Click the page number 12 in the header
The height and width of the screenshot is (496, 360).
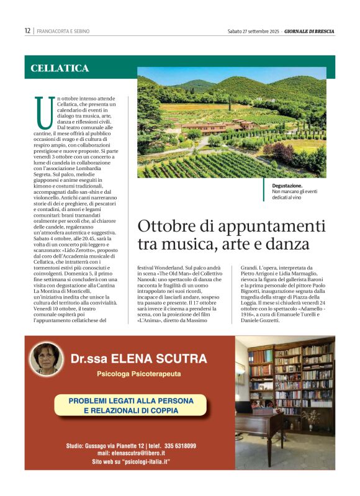[x=27, y=30]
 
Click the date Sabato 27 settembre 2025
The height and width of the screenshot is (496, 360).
[x=253, y=30]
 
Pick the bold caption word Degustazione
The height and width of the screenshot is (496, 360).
[x=287, y=186]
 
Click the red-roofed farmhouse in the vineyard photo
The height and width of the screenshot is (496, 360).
[x=211, y=127]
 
